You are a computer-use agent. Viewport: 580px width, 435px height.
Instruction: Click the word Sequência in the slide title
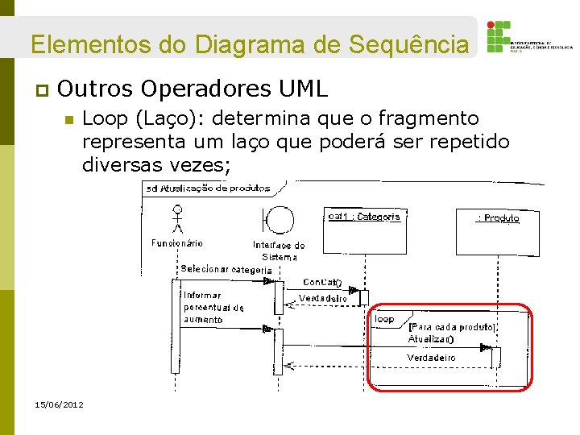[408, 43]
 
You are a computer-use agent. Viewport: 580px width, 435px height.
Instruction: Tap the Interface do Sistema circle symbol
[278, 218]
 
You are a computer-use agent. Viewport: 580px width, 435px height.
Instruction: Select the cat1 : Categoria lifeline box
[364, 217]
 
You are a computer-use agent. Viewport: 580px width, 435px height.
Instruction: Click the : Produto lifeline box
[499, 218]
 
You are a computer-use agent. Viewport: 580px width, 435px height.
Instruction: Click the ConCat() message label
[322, 283]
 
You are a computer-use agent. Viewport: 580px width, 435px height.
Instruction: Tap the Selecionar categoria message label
[226, 269]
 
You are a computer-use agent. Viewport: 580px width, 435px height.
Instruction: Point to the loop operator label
[384, 319]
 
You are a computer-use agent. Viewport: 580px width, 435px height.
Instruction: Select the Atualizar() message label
[430, 339]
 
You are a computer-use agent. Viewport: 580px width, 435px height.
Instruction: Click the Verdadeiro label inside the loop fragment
[431, 358]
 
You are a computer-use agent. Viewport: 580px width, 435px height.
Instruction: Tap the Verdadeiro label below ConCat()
[323, 299]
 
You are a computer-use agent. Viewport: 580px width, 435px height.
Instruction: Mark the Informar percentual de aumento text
[213, 308]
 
